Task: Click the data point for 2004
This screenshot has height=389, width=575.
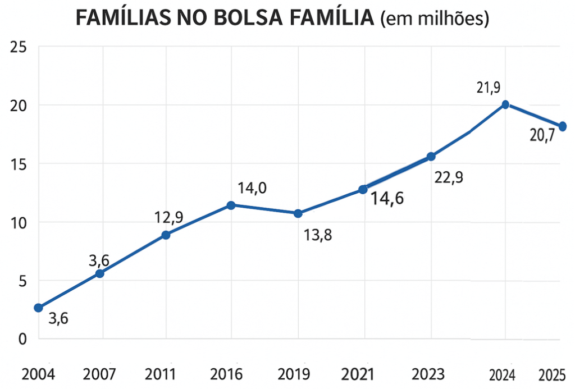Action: tap(38, 308)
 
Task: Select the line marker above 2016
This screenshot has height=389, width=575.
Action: tap(231, 205)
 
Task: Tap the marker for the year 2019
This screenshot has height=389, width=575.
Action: tap(298, 213)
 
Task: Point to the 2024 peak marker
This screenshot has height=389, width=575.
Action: tap(505, 104)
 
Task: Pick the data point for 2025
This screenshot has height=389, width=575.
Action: tap(563, 126)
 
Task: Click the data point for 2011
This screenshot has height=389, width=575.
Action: tap(166, 235)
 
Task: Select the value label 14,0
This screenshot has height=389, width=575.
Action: tap(252, 188)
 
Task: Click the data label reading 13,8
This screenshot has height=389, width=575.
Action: tap(318, 235)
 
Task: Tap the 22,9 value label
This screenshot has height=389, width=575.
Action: tap(448, 177)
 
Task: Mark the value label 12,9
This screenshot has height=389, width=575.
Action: tap(168, 218)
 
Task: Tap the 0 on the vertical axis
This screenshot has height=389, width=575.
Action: tap(22, 339)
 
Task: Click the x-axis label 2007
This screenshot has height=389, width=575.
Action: tap(99, 374)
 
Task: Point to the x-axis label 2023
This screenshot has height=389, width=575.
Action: tap(428, 374)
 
